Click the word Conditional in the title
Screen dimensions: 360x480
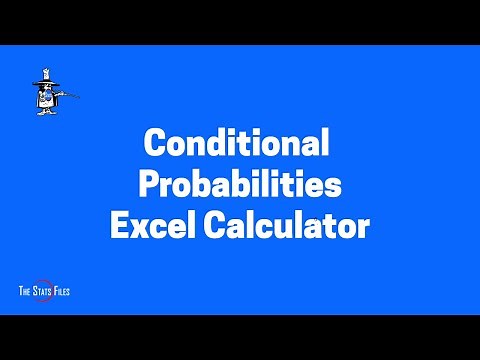click(238, 143)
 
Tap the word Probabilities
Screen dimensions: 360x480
click(239, 185)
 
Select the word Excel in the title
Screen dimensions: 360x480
click(151, 226)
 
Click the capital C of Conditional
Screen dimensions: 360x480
click(155, 143)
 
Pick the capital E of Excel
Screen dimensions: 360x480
click(118, 226)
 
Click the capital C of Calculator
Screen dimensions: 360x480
click(213, 226)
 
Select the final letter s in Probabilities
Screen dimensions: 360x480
click(334, 185)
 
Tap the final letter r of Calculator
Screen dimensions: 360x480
click(363, 228)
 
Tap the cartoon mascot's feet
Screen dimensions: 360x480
click(42, 114)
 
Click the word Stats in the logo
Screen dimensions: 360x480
click(44, 291)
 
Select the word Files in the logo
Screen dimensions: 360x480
click(61, 291)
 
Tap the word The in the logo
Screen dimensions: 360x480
click(26, 291)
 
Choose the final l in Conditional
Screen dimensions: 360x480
click(323, 143)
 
